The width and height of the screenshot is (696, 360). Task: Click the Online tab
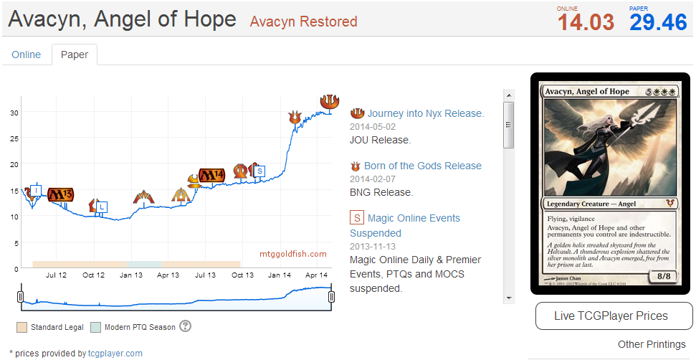pos(27,55)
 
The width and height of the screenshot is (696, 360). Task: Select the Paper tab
pos(75,55)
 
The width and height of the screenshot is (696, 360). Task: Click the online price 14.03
pos(586,22)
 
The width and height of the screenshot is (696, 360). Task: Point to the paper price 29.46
pos(658,22)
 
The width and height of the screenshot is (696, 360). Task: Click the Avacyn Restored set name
pos(303,22)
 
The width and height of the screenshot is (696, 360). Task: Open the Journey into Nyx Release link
pos(426,113)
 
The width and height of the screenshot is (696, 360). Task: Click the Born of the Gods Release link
pos(423,166)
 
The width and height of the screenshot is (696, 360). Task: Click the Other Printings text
pos(651,344)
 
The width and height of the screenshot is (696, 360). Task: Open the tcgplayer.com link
pos(115,353)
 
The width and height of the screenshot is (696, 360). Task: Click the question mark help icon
pos(186,326)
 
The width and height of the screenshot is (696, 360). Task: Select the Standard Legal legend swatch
pos(22,327)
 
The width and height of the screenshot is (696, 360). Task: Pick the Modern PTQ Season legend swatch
pos(96,327)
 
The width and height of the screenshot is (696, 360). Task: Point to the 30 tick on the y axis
pos(14,113)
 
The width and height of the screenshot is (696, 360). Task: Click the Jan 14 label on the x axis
pos(280,275)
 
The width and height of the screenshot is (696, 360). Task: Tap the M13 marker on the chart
pos(60,194)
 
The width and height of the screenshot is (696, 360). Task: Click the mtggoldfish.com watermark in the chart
pos(293,254)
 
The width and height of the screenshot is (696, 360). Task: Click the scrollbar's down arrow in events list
pos(508,298)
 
